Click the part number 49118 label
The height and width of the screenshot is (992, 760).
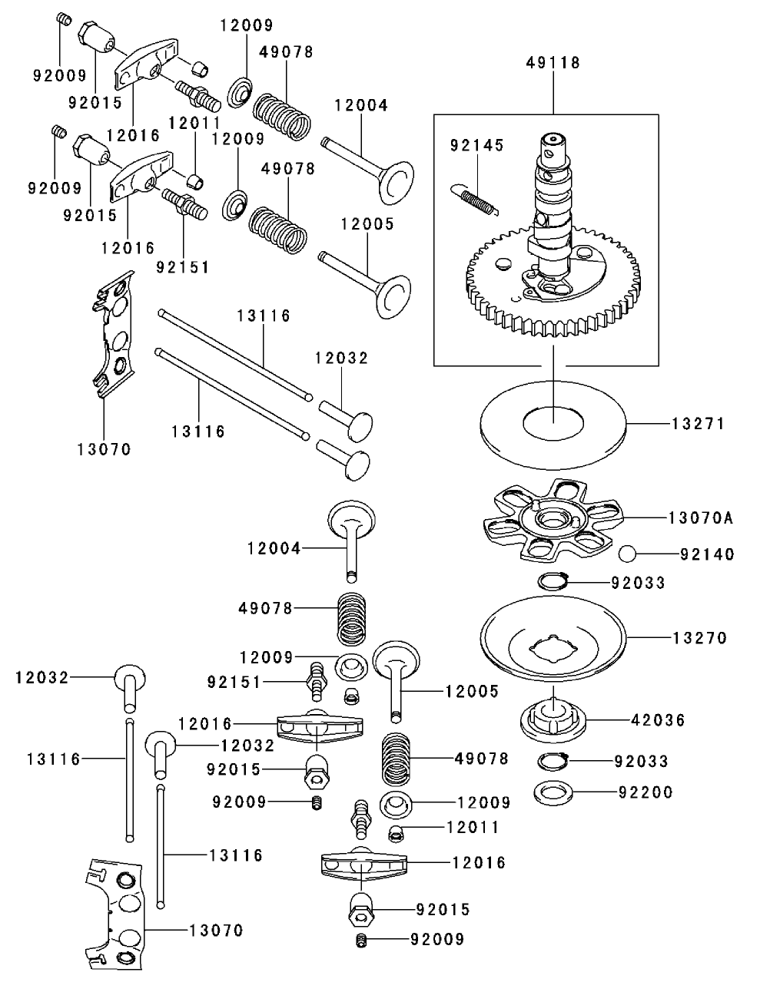click(x=553, y=62)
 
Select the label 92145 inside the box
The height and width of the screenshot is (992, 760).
click(x=476, y=144)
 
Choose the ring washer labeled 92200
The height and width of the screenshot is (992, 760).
click(x=553, y=792)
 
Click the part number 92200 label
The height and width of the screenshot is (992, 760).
click(x=646, y=792)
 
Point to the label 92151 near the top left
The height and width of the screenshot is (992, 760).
click(x=183, y=267)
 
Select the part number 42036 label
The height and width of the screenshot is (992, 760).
click(x=658, y=720)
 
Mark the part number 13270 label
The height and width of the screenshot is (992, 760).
click(x=699, y=638)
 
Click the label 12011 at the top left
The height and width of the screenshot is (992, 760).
click(x=194, y=122)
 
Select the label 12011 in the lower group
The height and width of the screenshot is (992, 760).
click(x=473, y=828)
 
